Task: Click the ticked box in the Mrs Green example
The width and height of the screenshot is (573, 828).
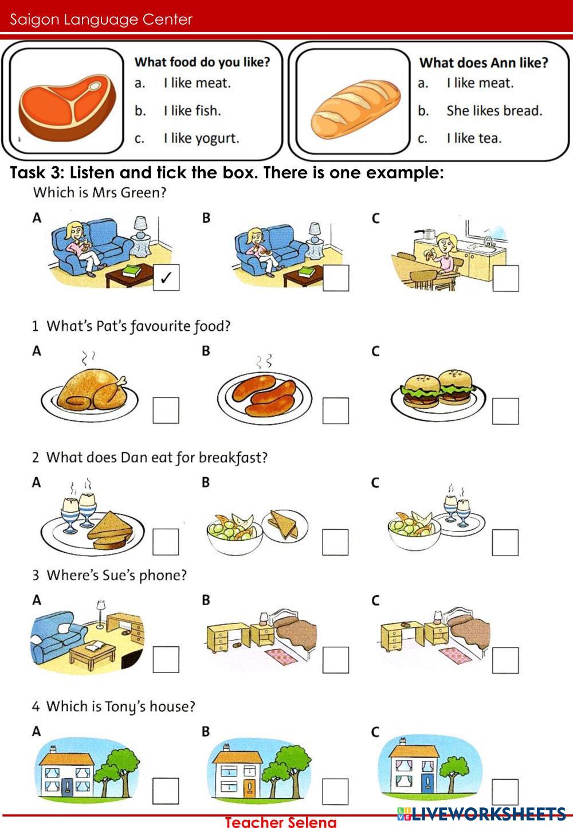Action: pyautogui.click(x=166, y=277)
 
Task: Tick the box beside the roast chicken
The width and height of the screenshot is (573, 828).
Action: pyautogui.click(x=166, y=411)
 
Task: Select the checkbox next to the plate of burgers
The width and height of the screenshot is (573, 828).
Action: pyautogui.click(x=505, y=411)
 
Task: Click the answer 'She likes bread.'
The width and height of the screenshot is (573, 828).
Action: pyautogui.click(x=494, y=111)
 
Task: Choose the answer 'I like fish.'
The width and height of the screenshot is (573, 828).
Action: pyautogui.click(x=193, y=111)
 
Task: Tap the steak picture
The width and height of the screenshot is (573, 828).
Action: pyautogui.click(x=67, y=107)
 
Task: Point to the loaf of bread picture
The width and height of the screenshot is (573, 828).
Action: pyautogui.click(x=355, y=109)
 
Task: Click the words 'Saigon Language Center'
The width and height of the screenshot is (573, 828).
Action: pyautogui.click(x=101, y=19)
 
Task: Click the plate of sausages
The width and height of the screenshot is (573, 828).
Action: pyautogui.click(x=265, y=397)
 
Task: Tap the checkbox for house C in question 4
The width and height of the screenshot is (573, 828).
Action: pyautogui.click(x=505, y=792)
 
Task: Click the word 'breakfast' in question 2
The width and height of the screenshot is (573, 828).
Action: pyautogui.click(x=233, y=458)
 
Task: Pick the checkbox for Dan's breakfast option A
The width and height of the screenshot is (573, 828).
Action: pyautogui.click(x=166, y=542)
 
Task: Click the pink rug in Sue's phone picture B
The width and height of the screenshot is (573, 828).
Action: pyautogui.click(x=281, y=658)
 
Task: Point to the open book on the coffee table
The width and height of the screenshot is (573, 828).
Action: pyautogui.click(x=95, y=646)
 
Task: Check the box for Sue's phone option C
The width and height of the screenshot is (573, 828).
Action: pyautogui.click(x=505, y=660)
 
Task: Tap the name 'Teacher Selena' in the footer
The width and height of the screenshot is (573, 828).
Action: pyautogui.click(x=281, y=822)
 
